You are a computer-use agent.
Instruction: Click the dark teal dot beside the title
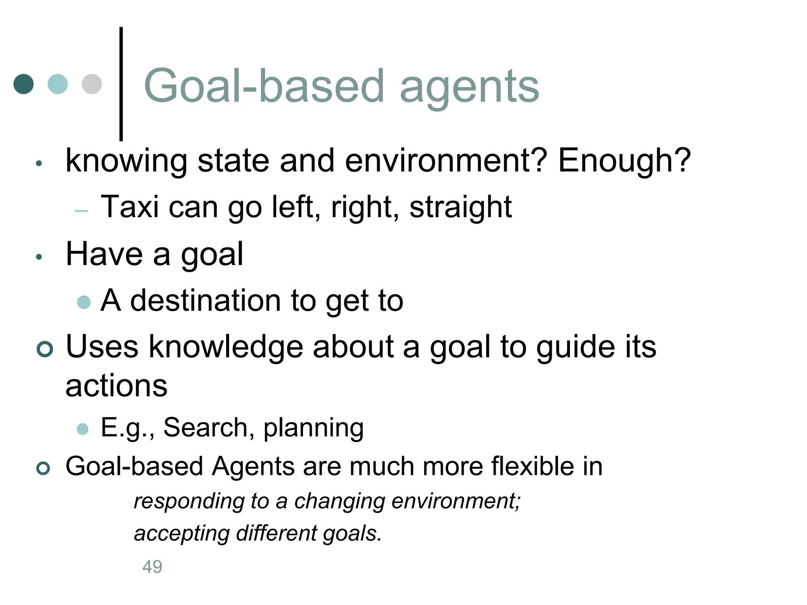[x=24, y=84]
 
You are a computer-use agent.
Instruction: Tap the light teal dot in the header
[x=58, y=84]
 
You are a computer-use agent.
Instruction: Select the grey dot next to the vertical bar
[x=92, y=84]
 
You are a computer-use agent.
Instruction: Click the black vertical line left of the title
[x=121, y=84]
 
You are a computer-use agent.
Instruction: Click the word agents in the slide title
[x=469, y=87]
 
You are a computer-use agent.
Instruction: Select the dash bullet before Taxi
[x=82, y=211]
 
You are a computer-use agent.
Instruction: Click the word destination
[x=205, y=301]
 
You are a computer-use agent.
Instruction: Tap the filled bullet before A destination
[x=84, y=302]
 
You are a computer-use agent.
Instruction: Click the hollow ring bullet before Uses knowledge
[x=45, y=349]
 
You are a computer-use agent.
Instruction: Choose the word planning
[x=313, y=428]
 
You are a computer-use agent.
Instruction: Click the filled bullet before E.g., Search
[x=83, y=429]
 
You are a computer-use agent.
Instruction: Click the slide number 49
[x=152, y=567]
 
